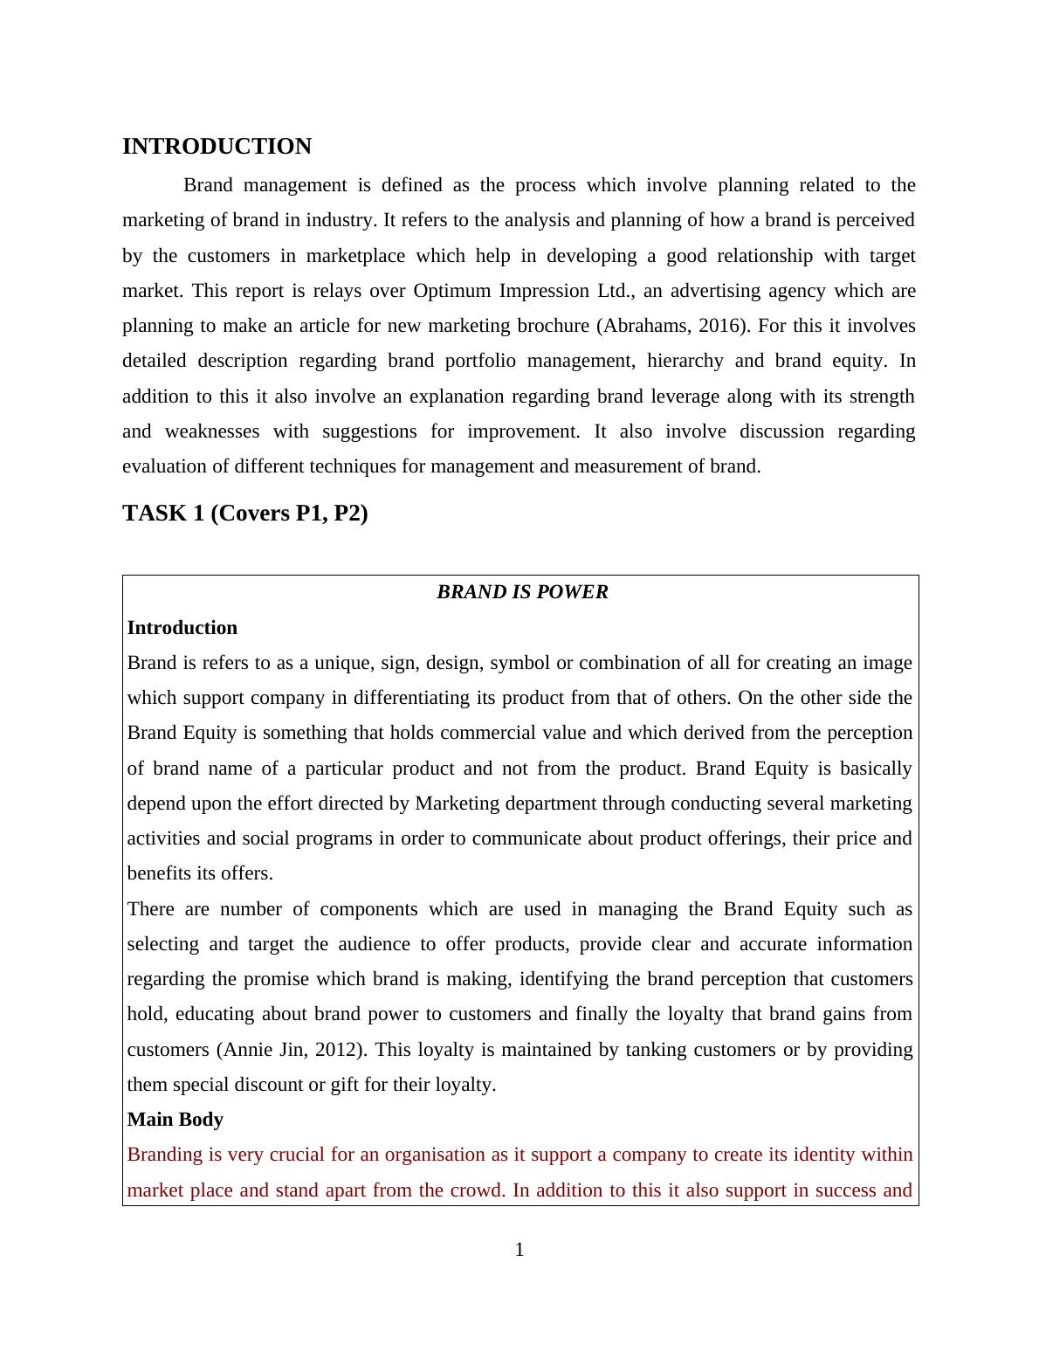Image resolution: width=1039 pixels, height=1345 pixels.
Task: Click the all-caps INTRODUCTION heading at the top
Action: click(x=217, y=147)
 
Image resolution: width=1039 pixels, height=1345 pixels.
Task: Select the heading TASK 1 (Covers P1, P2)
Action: click(x=245, y=514)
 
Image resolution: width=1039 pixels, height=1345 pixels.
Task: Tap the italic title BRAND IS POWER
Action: click(x=522, y=592)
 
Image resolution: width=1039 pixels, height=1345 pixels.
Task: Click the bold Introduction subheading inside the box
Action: click(x=182, y=628)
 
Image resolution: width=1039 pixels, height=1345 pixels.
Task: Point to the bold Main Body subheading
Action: click(x=175, y=1120)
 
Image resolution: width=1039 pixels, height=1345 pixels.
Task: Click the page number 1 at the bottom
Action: click(x=519, y=1250)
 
